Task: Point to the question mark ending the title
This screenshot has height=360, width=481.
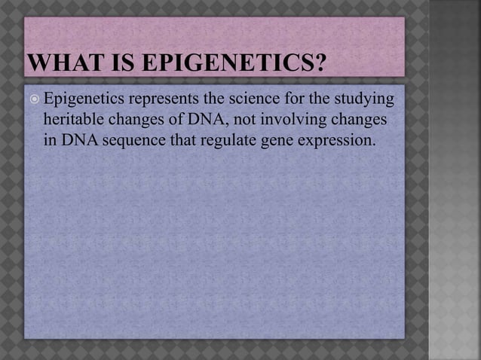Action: click(x=319, y=59)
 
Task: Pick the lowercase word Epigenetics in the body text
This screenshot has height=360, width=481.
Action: click(x=85, y=99)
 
